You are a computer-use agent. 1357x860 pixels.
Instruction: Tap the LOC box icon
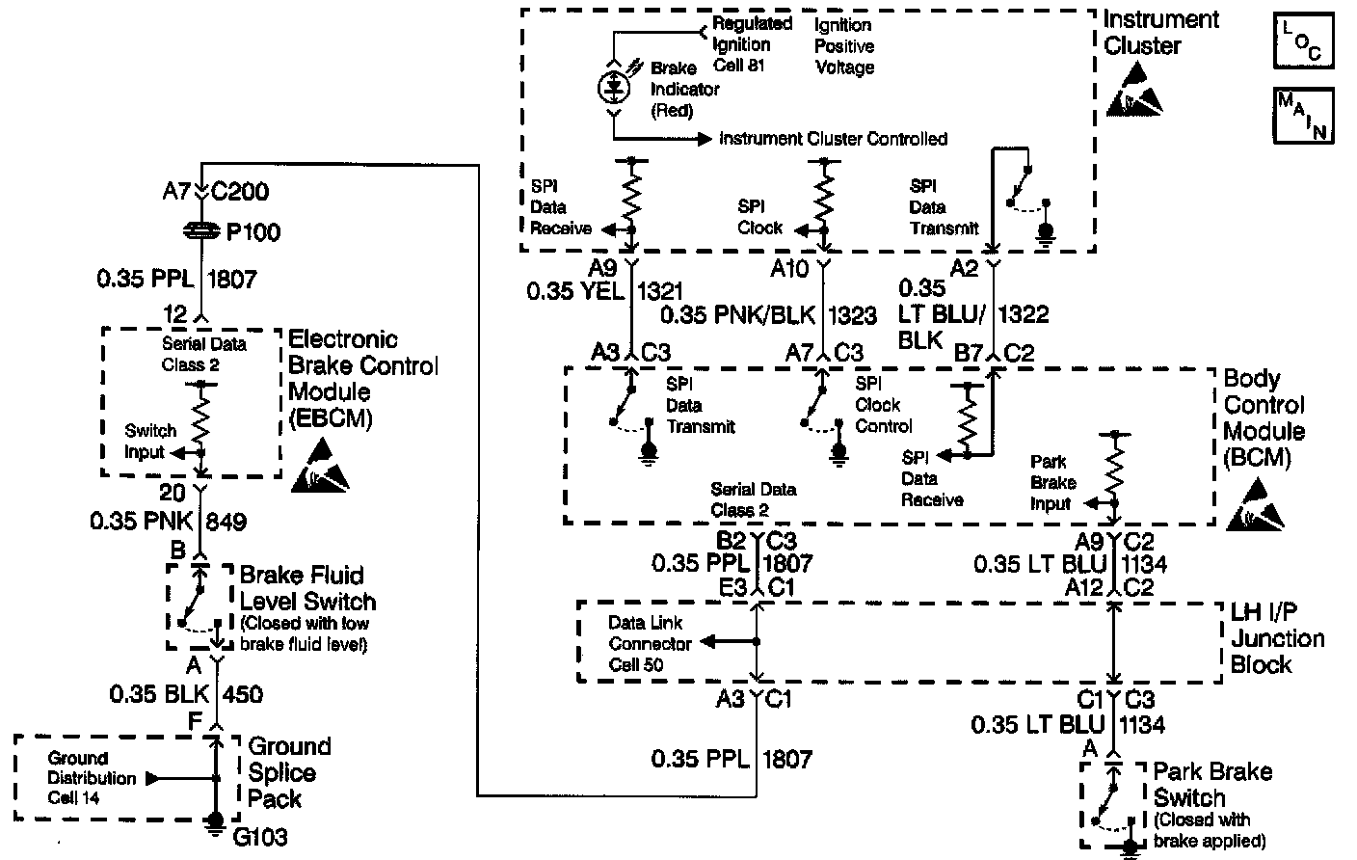pos(1303,41)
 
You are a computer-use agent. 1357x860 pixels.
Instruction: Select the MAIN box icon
pos(1303,115)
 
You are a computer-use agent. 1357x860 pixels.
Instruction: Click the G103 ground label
pos(260,836)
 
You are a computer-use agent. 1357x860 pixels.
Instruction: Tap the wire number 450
pos(242,693)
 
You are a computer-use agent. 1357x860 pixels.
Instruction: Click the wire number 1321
pos(660,290)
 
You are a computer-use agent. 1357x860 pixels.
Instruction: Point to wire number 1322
pos(1024,313)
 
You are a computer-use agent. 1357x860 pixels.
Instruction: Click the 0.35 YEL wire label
pos(574,290)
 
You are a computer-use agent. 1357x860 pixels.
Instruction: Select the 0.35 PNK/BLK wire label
pos(739,313)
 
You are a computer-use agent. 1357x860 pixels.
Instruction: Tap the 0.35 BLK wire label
pos(160,693)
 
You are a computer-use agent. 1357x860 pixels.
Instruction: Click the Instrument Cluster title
pos(1160,33)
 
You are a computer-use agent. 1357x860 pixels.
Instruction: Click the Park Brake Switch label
pos(1211,785)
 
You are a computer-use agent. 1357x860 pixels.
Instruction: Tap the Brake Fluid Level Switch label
pos(307,588)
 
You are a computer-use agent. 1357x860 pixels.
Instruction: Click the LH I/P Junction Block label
pos(1277,638)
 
